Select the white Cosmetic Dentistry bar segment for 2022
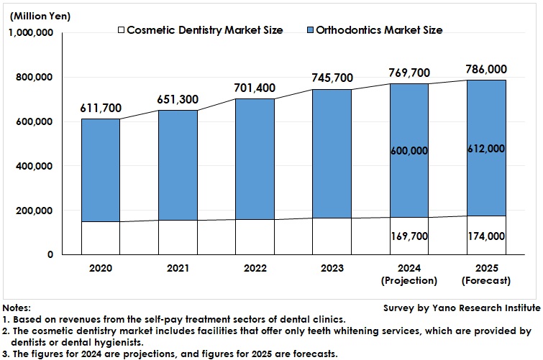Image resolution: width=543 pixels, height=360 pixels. (255, 237)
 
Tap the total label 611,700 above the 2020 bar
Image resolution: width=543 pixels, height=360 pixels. (101, 109)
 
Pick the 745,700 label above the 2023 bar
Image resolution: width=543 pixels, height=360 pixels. (332, 78)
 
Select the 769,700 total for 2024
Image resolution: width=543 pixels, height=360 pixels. (409, 73)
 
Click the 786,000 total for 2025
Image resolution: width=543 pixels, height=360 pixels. (485, 69)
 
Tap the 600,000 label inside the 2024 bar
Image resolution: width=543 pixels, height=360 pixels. (409, 151)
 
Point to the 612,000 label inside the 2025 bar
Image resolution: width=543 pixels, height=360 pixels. (485, 149)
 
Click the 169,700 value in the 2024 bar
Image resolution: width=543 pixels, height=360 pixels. (409, 236)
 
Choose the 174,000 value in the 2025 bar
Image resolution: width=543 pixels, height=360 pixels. (485, 236)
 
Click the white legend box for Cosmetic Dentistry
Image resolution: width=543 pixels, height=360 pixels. (122, 30)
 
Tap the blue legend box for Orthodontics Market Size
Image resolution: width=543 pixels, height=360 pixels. (311, 30)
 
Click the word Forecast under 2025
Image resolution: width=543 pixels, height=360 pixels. (485, 280)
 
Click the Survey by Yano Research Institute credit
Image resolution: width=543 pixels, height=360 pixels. (462, 308)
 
